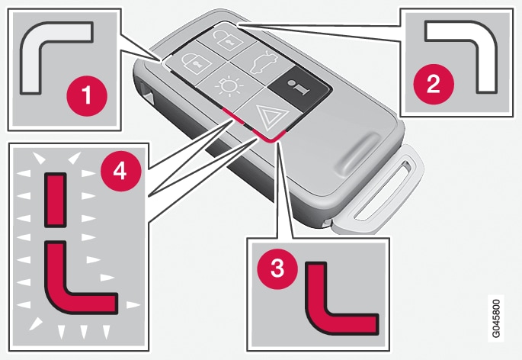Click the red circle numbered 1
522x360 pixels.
[x=87, y=95]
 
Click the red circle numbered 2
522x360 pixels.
[x=434, y=84]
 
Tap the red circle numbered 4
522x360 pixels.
[x=121, y=171]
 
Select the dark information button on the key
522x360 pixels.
[x=299, y=87]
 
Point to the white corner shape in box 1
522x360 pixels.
[x=50, y=53]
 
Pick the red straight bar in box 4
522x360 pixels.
[x=56, y=200]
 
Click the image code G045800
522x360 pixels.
[x=495, y=319]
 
